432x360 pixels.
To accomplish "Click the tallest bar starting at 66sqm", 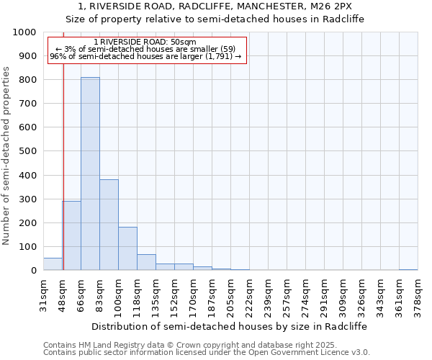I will click(90, 174).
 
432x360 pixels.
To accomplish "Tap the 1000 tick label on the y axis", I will click(24, 32).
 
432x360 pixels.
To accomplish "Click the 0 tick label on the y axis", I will click(33, 271).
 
